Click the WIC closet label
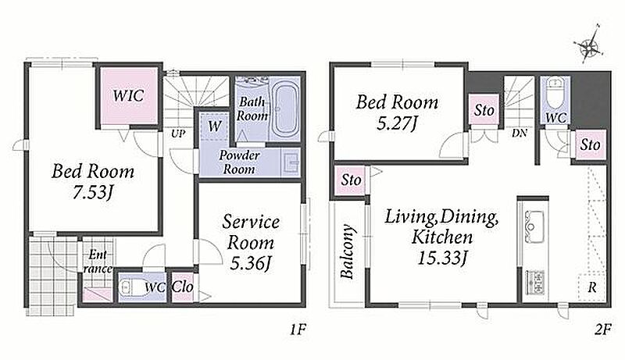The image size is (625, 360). [128, 95]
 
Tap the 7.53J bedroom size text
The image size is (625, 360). [92, 193]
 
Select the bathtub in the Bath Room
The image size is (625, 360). [284, 109]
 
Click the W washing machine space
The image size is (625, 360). [214, 127]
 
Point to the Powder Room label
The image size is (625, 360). [239, 162]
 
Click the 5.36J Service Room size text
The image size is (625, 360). [251, 263]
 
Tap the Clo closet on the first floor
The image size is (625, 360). [183, 287]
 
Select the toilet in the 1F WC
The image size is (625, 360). [130, 287]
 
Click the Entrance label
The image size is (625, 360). [98, 262]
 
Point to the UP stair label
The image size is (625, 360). [178, 134]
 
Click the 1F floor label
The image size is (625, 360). [297, 330]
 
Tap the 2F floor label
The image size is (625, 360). [602, 330]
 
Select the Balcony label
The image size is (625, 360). [347, 251]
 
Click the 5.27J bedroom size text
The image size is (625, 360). [397, 123]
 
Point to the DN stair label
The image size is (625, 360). [520, 133]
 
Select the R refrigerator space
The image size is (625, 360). [592, 287]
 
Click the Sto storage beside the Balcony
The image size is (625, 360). [351, 180]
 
